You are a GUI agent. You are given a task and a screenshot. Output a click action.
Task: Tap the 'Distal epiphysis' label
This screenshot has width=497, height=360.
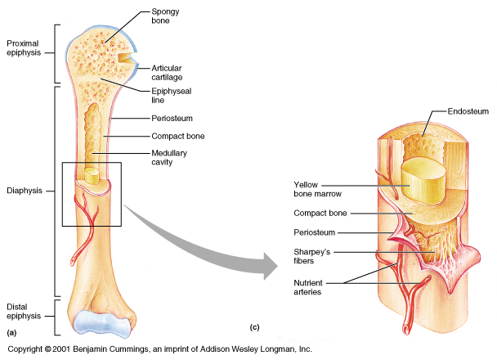(x=24, y=312)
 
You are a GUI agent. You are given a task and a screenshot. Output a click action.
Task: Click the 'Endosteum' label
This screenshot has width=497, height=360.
(x=468, y=109)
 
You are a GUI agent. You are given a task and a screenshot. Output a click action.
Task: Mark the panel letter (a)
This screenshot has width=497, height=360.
(x=11, y=333)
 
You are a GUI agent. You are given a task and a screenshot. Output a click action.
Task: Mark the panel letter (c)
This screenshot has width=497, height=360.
(x=254, y=328)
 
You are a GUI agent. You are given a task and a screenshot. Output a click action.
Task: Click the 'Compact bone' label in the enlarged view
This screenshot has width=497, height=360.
(x=320, y=213)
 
